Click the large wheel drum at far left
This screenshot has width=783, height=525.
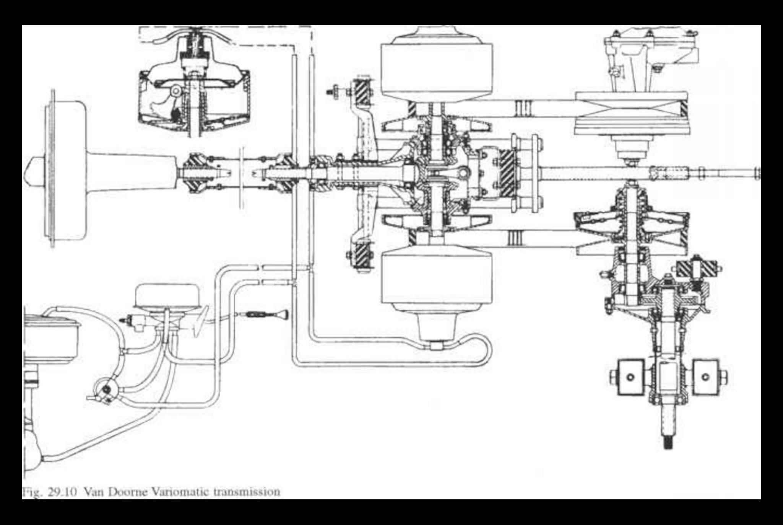click(65, 169)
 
